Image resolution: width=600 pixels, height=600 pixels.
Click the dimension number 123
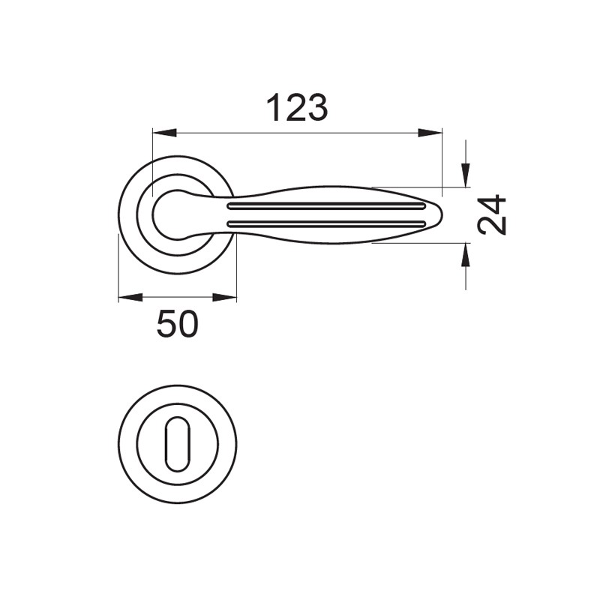coord(297,108)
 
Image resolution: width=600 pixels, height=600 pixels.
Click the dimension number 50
coord(178,324)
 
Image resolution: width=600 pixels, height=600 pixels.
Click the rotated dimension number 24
coord(492,214)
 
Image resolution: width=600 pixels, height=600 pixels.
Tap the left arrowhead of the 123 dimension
coord(164,133)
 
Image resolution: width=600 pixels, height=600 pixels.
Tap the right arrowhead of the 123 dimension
coord(430,133)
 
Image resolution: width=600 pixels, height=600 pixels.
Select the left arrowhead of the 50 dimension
coord(130,297)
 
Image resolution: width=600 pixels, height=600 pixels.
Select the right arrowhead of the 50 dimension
coord(224,297)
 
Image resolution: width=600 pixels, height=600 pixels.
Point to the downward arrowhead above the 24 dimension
coord(465,175)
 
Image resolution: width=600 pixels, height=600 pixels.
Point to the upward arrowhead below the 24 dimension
coord(465,255)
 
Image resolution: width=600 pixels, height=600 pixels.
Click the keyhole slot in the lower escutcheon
coord(178,444)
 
